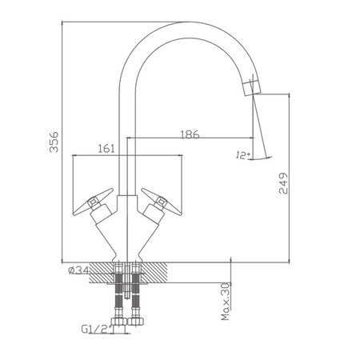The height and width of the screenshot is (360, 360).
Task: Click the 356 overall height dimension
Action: tap(54, 142)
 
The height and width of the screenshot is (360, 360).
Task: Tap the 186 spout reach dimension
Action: tap(190, 134)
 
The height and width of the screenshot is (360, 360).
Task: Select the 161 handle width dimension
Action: tap(106, 149)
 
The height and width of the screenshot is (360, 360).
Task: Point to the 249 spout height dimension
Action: tap(283, 183)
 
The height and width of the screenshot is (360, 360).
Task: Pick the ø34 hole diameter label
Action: tap(78, 270)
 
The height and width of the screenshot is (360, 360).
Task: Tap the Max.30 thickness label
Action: tap(226, 302)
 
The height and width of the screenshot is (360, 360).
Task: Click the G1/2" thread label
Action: tap(96, 329)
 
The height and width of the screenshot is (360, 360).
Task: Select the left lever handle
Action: tap(93, 202)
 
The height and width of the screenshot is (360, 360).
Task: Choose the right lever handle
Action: tap(162, 202)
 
